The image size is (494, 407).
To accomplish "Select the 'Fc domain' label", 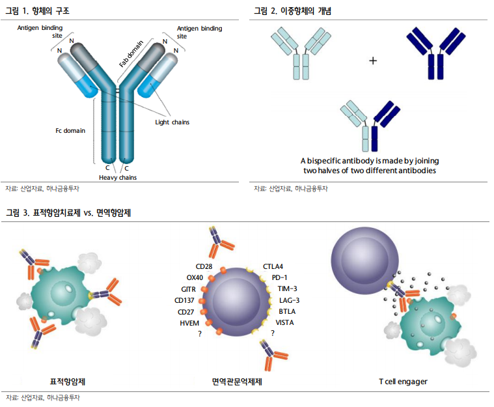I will tap(70, 130).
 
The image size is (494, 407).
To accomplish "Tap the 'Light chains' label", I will tap(172, 122).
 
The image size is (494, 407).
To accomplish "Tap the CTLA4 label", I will tap(273, 266).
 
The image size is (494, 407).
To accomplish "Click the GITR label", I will tap(189, 288).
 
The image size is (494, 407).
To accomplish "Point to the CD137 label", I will tap(185, 300).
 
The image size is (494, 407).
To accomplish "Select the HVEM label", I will tap(189, 322).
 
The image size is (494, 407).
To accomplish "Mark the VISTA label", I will tap(285, 322).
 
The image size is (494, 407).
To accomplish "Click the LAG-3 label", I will tap(289, 300).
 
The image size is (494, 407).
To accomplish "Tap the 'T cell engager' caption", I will tap(403, 381).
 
